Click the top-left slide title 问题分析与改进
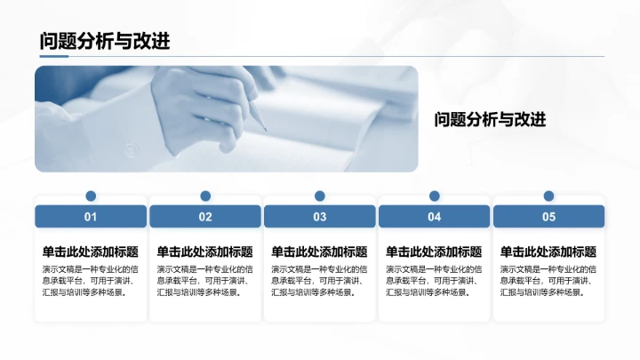pos(105,41)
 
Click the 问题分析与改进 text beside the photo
pos(490,119)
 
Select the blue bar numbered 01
pos(91,216)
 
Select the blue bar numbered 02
pos(205,216)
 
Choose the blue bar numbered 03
pos(320,216)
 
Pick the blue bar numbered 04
pos(434,216)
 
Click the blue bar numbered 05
pos(548,216)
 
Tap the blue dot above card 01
pos(91,196)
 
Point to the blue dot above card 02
pos(205,196)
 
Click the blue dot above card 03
pos(320,196)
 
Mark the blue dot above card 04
pos(434,196)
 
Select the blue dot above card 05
pos(548,196)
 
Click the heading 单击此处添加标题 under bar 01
pos(91,252)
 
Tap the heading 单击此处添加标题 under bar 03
pos(319,252)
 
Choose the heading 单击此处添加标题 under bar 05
pos(548,252)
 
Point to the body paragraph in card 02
pos(205,280)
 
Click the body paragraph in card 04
pos(434,280)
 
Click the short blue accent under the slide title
pos(53,57)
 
